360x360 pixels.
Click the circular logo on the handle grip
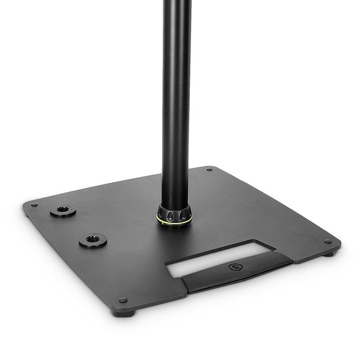point(236,267)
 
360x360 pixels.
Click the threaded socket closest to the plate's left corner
point(62,211)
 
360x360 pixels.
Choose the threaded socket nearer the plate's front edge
point(92,239)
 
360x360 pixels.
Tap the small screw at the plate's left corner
point(35,205)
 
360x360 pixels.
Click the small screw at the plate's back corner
point(208,170)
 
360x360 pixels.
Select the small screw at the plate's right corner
point(327,241)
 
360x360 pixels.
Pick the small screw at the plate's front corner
point(122,300)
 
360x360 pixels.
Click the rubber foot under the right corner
point(328,254)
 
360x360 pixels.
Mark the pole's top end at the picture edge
point(176,2)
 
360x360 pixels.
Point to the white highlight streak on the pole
point(169,87)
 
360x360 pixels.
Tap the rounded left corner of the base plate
point(26,205)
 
